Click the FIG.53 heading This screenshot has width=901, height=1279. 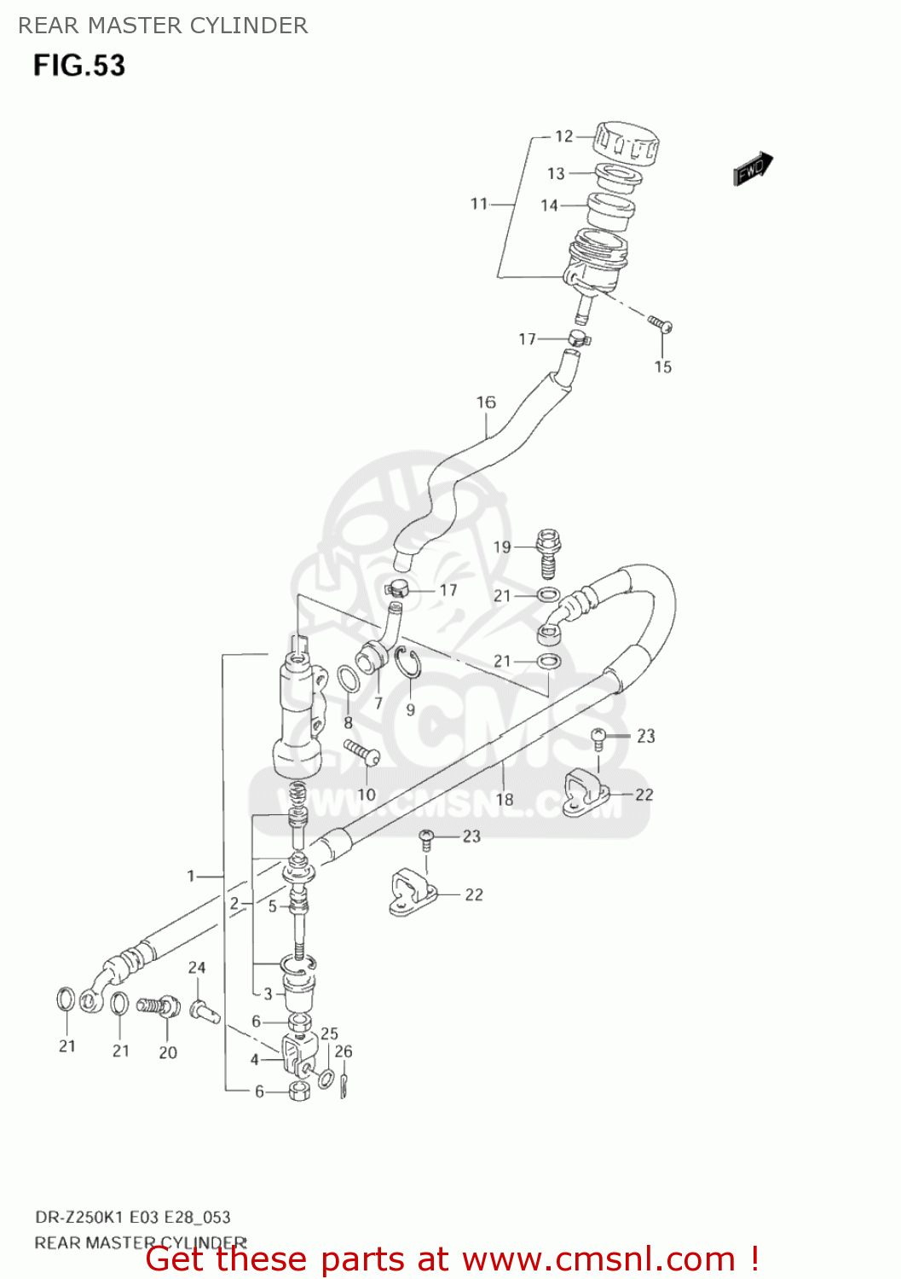coord(79,66)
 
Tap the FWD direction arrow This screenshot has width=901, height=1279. coord(753,169)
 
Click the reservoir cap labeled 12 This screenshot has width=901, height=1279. coord(627,142)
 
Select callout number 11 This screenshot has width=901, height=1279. coord(479,204)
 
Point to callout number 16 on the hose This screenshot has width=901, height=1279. coord(486,402)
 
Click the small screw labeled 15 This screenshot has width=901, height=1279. coord(661,324)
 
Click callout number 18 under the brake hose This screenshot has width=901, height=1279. coord(505,799)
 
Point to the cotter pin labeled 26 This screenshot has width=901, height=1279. coord(343,1085)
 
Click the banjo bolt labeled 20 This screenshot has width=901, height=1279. coord(159,1006)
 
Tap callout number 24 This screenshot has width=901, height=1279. coord(197,967)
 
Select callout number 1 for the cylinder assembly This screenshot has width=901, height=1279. coord(191,876)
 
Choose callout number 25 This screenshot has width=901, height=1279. coord(329,1033)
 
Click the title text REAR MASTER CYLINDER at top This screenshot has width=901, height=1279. coord(163,26)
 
